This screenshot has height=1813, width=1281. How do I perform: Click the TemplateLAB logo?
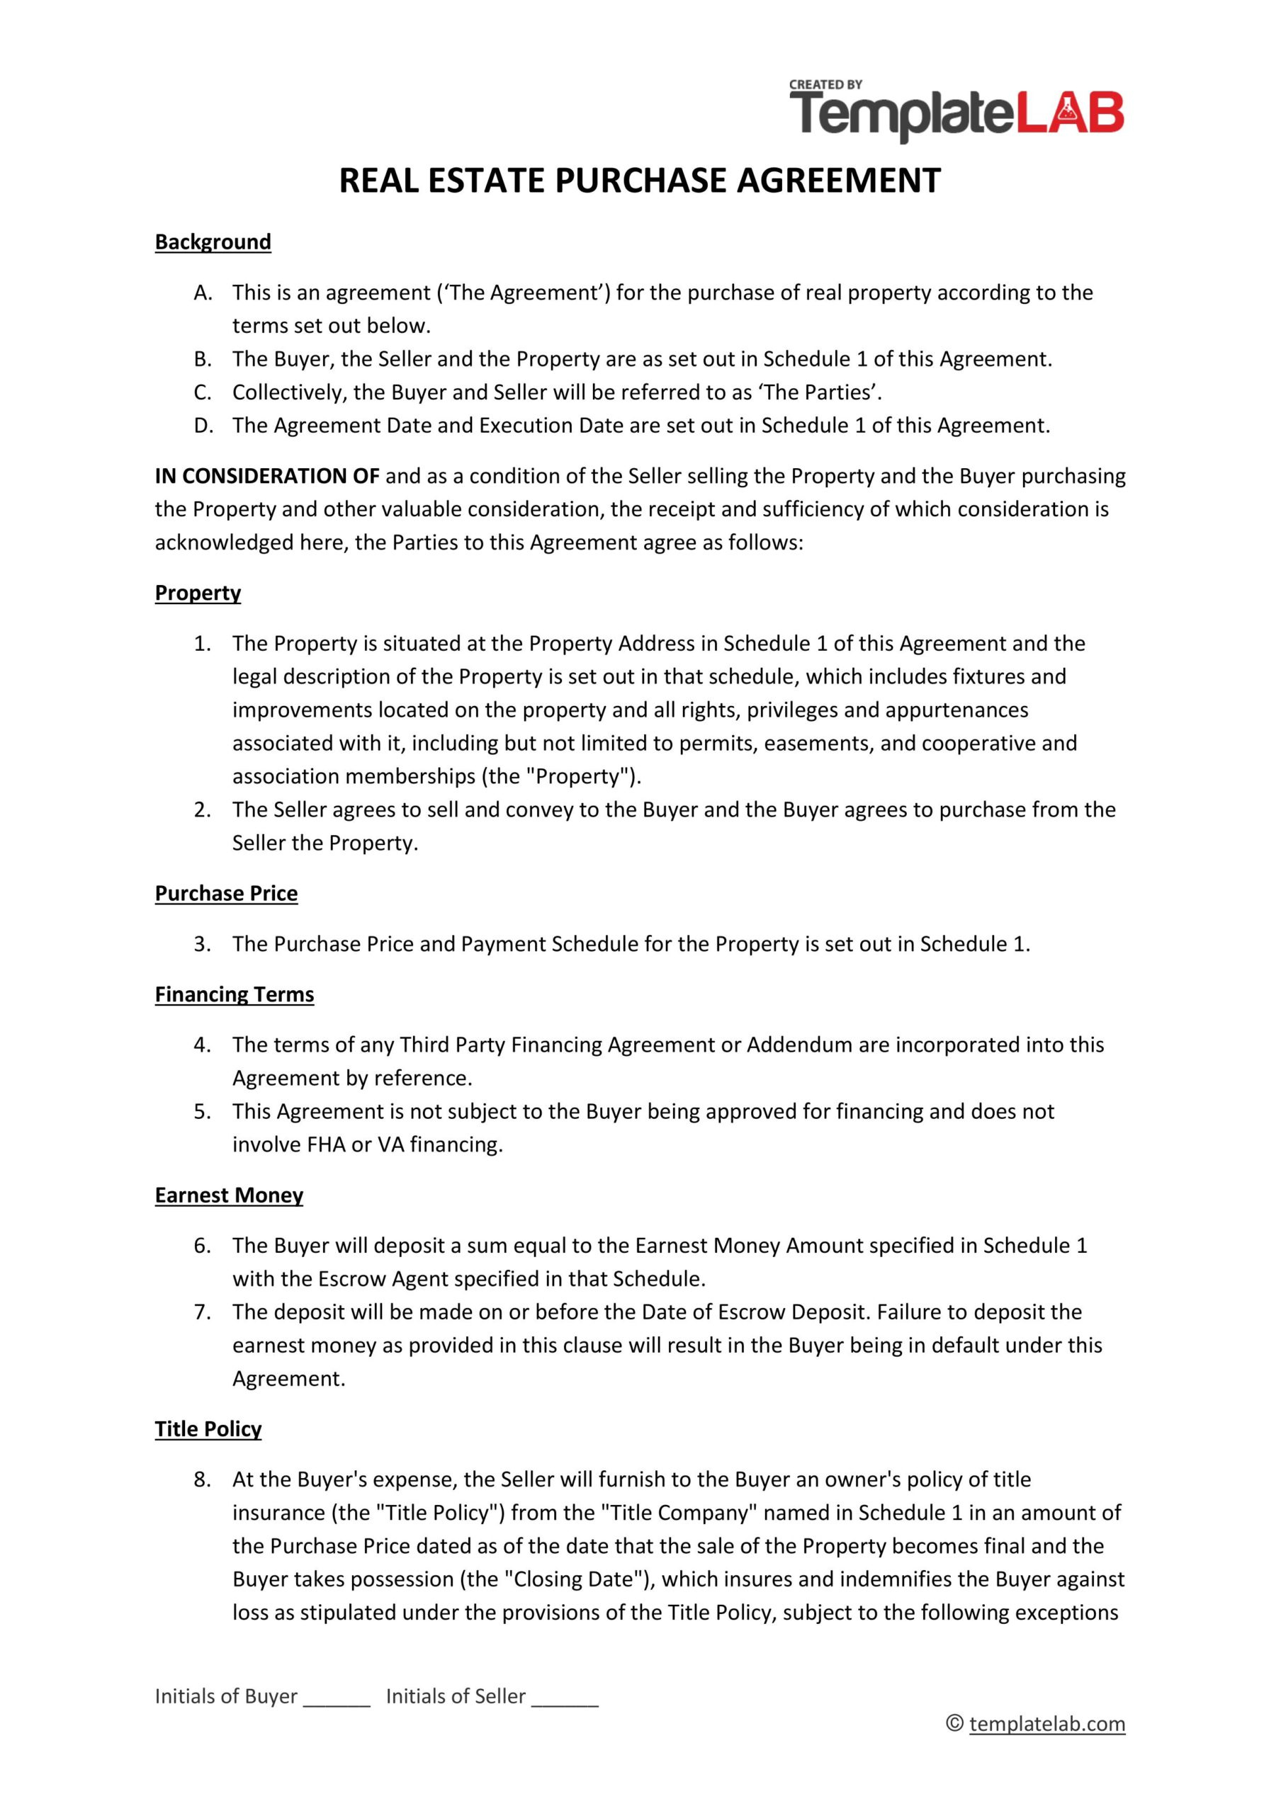click(956, 113)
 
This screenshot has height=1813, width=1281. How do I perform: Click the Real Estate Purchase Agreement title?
click(640, 181)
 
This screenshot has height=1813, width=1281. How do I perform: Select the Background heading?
click(213, 241)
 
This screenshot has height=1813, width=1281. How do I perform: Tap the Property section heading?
click(198, 593)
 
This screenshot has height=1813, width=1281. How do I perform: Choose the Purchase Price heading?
click(226, 893)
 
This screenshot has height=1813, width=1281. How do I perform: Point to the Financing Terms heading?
click(234, 994)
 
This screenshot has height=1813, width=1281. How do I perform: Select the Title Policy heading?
click(208, 1428)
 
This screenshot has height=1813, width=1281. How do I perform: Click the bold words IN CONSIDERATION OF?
click(267, 476)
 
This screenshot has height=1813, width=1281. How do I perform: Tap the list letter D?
click(203, 426)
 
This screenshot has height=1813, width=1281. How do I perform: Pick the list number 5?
click(202, 1111)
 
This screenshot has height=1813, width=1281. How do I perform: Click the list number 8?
click(202, 1479)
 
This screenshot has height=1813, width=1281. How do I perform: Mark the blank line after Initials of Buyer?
click(337, 1698)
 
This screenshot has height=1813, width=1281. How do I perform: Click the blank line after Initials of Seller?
click(565, 1698)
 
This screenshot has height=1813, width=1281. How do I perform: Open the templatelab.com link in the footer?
click(1046, 1724)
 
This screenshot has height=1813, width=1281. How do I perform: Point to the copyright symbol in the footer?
click(954, 1724)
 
